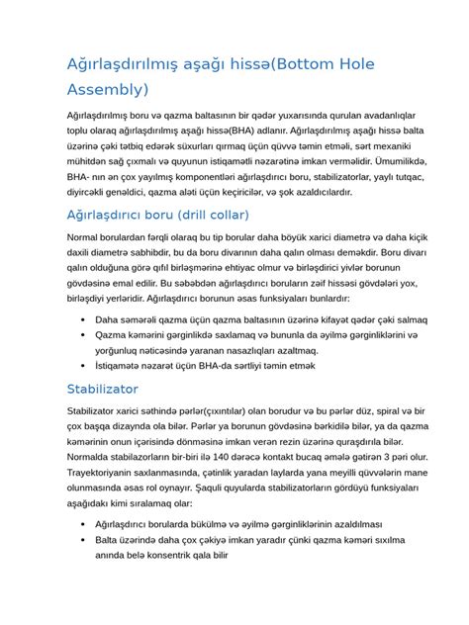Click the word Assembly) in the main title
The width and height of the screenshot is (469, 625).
click(x=106, y=90)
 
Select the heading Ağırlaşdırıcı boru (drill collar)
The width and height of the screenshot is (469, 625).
click(x=171, y=214)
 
